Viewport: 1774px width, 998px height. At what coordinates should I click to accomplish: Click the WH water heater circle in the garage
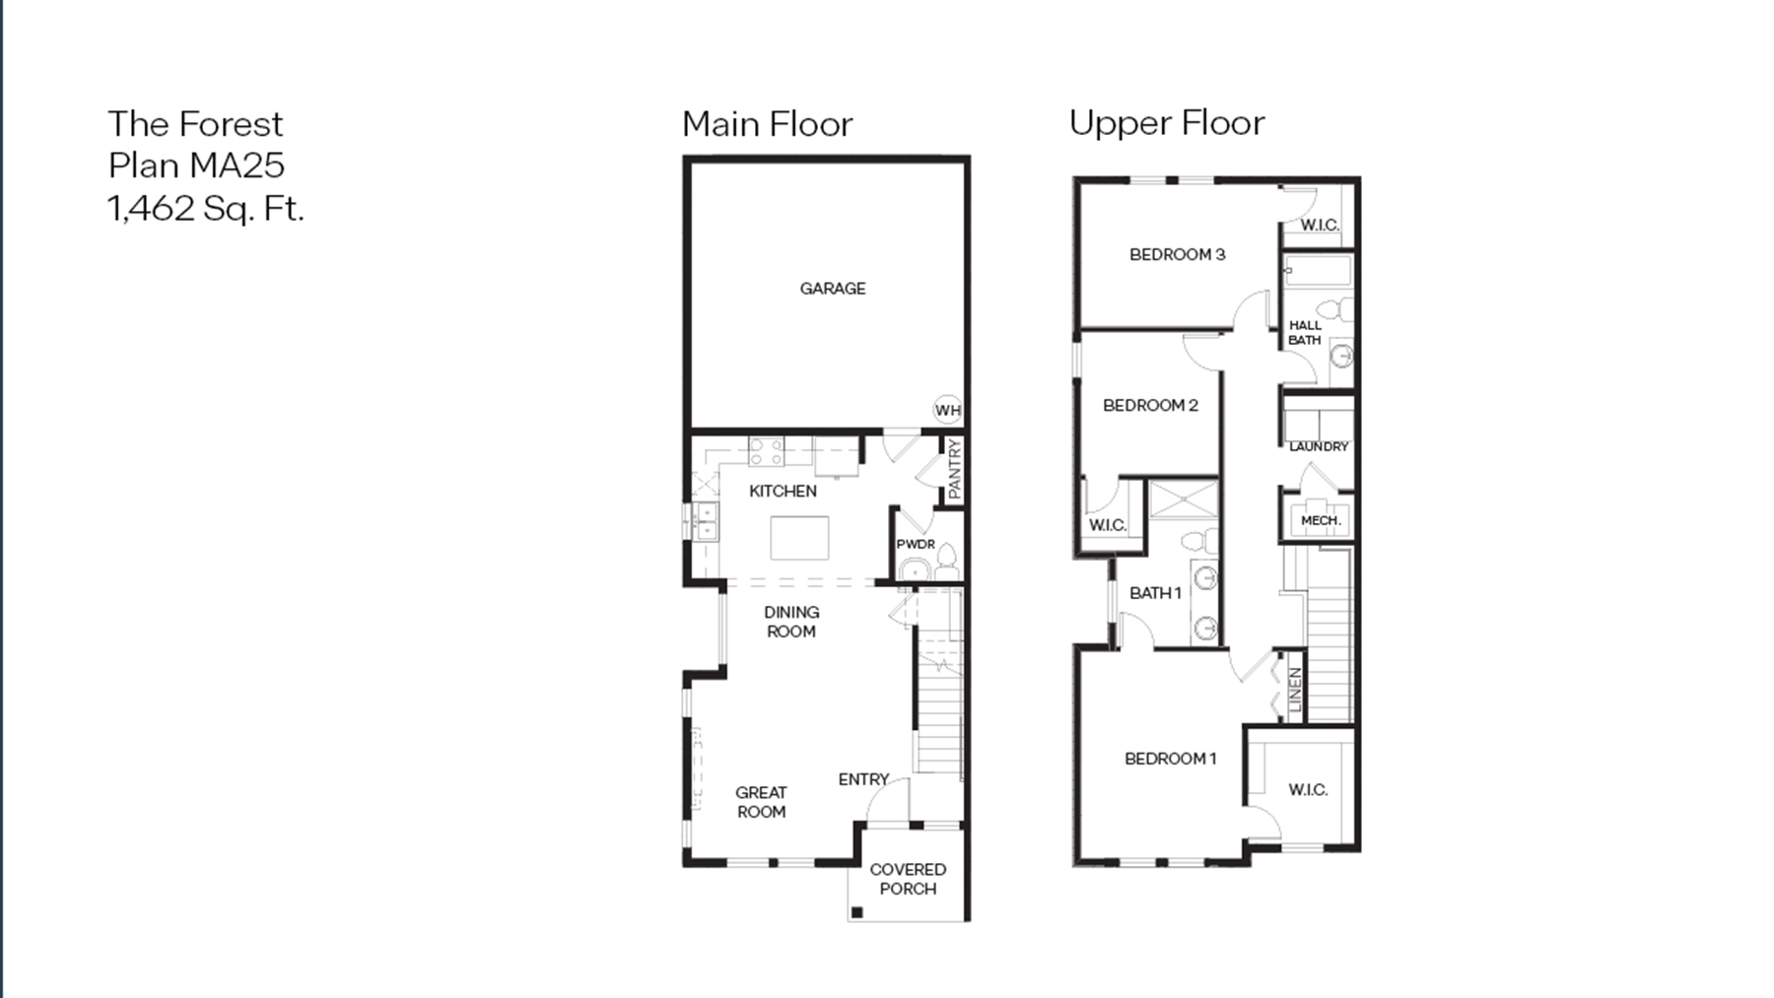click(947, 410)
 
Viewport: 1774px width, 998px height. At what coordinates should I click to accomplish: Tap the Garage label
click(833, 289)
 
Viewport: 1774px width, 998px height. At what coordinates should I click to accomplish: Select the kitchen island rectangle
click(799, 538)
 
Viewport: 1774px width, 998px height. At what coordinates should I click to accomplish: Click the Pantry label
click(954, 469)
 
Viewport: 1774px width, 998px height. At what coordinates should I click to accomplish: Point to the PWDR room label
click(916, 544)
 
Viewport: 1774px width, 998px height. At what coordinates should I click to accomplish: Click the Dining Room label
click(791, 622)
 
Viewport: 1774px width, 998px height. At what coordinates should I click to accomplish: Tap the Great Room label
click(761, 802)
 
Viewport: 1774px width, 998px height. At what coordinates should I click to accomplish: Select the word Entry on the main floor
click(863, 779)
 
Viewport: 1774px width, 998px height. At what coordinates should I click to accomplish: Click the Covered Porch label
click(908, 879)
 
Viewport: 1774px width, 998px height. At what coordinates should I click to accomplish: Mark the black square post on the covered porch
click(856, 912)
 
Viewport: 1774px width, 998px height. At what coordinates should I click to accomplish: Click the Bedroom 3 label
click(1177, 254)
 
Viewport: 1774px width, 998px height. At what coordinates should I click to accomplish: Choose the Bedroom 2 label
click(1150, 405)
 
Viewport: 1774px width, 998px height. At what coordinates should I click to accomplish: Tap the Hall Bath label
click(1305, 332)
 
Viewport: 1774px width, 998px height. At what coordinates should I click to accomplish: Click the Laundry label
click(1319, 446)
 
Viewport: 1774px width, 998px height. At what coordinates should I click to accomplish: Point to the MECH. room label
click(1321, 520)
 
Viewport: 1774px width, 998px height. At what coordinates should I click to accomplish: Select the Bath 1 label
click(1155, 593)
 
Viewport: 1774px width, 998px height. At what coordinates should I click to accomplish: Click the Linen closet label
click(1295, 690)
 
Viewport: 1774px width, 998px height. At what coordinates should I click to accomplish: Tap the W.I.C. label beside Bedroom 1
click(1308, 790)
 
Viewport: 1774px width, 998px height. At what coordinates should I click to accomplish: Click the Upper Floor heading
click(1166, 123)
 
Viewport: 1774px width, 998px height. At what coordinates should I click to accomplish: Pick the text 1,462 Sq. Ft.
click(206, 209)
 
